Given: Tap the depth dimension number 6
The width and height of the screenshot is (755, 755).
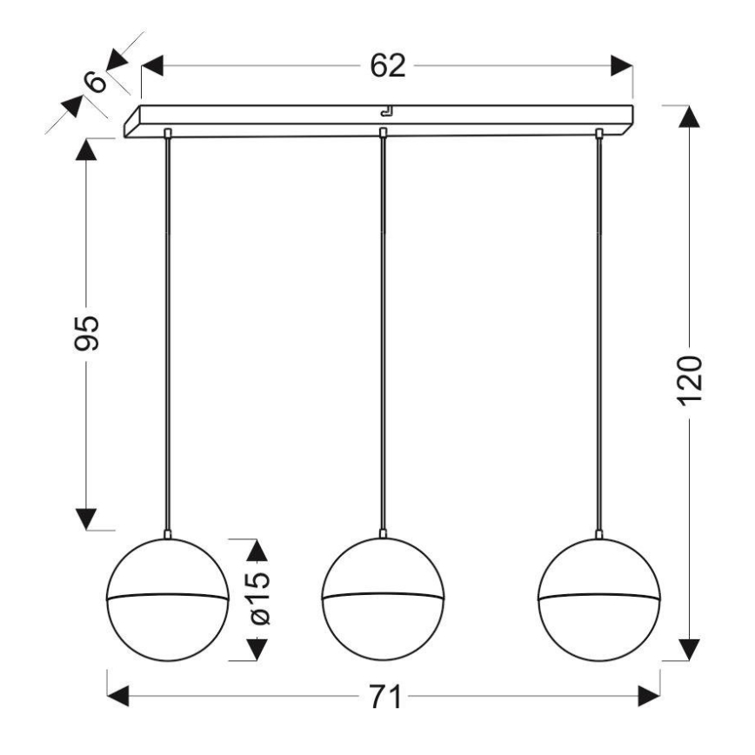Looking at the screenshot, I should point(96,81).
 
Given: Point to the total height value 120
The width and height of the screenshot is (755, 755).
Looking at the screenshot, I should point(689,381).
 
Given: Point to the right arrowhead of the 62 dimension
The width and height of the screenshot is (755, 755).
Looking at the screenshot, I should point(621,66).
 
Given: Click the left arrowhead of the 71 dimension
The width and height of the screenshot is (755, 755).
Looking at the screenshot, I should point(118,697).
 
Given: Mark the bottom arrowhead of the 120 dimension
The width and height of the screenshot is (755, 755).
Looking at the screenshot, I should point(689,649).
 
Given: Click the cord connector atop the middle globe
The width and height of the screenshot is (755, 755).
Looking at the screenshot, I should point(383,532).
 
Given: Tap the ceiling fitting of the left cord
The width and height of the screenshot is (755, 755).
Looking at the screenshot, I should point(167,132).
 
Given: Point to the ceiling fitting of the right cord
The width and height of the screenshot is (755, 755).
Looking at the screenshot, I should point(598,132).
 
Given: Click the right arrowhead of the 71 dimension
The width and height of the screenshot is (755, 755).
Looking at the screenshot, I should point(649,697).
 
